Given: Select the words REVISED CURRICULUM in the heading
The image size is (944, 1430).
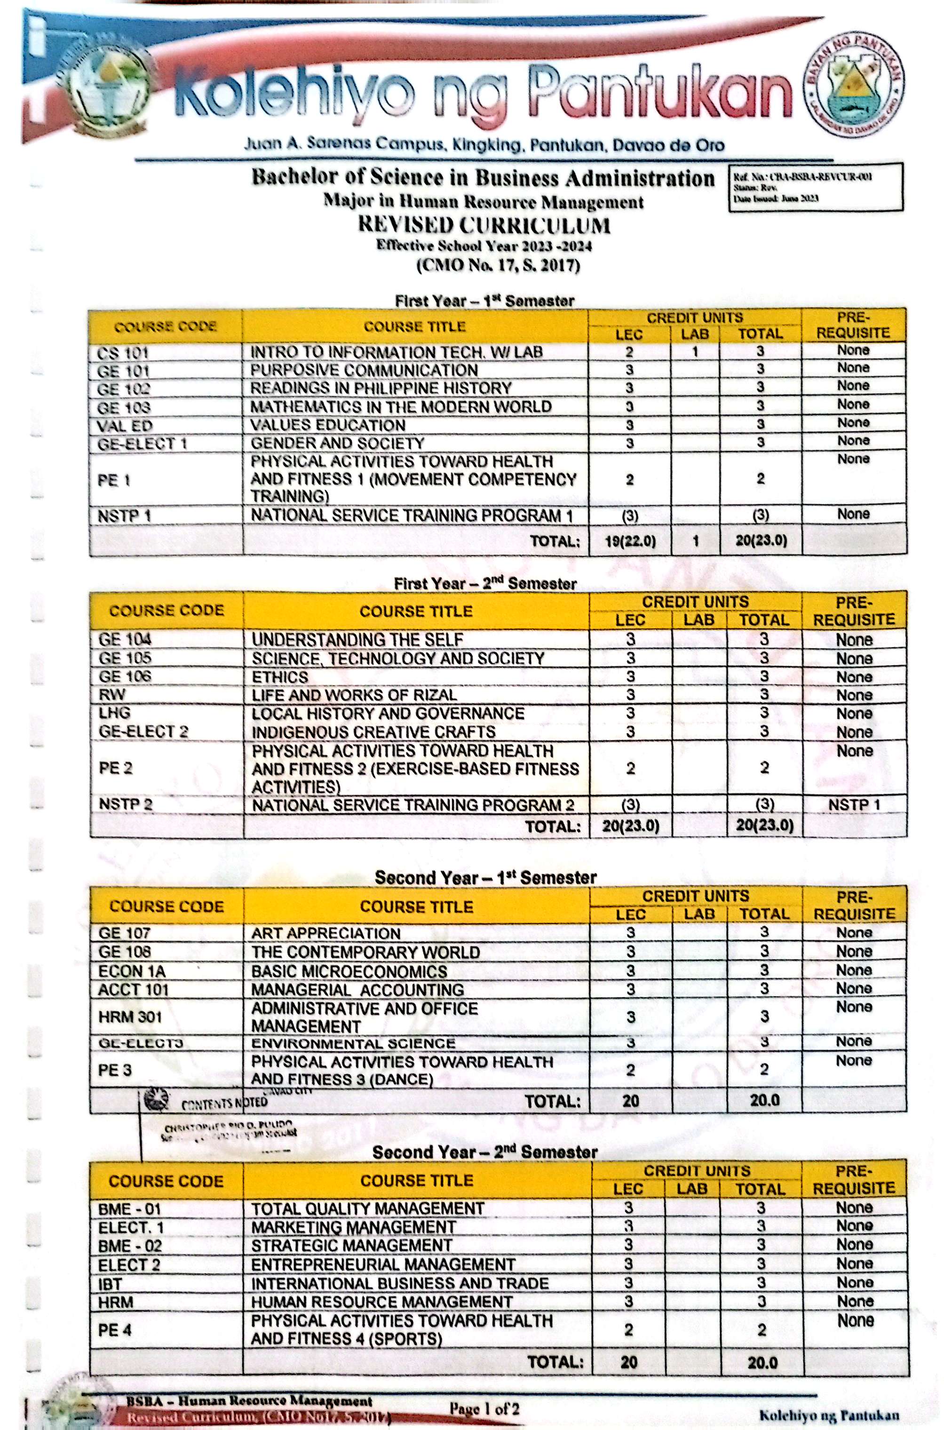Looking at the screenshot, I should point(484,225).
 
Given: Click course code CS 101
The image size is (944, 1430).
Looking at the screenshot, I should point(123,352).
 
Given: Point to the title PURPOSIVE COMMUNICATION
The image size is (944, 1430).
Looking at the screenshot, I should point(364,370).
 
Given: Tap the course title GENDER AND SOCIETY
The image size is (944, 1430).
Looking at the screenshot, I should point(337,443).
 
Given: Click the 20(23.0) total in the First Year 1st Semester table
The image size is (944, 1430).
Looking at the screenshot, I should point(761,540).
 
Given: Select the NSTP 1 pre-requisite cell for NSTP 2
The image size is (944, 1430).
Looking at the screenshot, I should point(854,804).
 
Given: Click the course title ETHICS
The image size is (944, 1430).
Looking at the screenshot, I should point(279,677).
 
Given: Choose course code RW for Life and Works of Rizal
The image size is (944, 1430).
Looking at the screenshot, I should point(112,695).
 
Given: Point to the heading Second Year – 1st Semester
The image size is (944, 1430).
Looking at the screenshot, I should point(485,877).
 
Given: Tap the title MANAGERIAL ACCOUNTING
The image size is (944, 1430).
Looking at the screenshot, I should point(357,989).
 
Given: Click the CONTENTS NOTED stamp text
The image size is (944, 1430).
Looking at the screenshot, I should point(224,1103).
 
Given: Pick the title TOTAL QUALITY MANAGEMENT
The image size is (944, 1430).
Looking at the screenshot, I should point(367,1208).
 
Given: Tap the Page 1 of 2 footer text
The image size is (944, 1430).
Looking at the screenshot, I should point(484,1408).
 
